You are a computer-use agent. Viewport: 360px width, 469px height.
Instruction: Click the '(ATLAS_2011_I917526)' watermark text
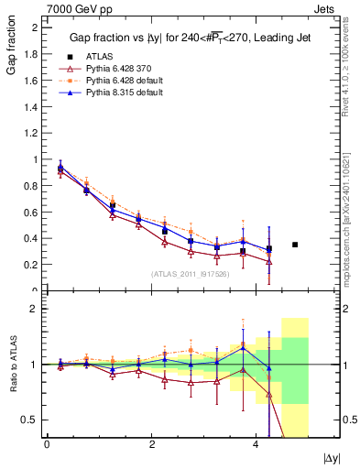pyautogui.click(x=191, y=274)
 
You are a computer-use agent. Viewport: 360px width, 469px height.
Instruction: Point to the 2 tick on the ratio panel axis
pyautogui.click(x=36, y=309)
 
